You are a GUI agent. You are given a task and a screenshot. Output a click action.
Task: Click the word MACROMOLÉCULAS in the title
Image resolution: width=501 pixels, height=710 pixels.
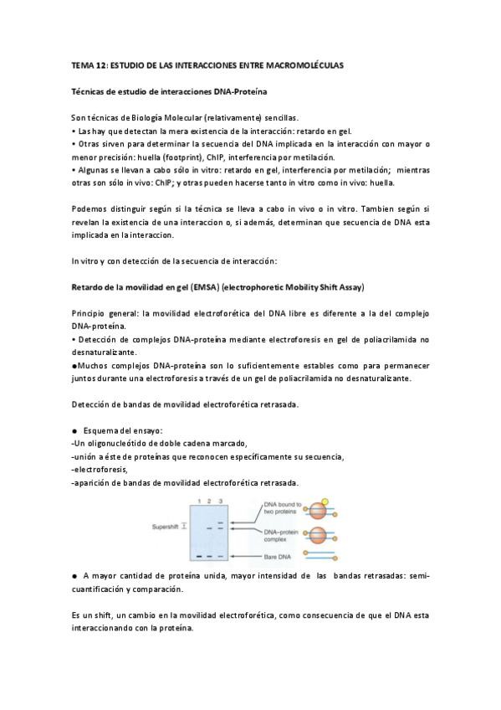pyautogui.click(x=304, y=64)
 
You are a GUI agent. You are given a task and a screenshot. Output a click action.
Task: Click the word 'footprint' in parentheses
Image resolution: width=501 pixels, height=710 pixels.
pyautogui.click(x=203, y=157)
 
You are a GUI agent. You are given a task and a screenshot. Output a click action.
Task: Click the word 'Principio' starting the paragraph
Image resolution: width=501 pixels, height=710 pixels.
pyautogui.click(x=91, y=312)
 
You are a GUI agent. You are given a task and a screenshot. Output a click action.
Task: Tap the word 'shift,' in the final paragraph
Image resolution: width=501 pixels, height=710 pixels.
pyautogui.click(x=110, y=615)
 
